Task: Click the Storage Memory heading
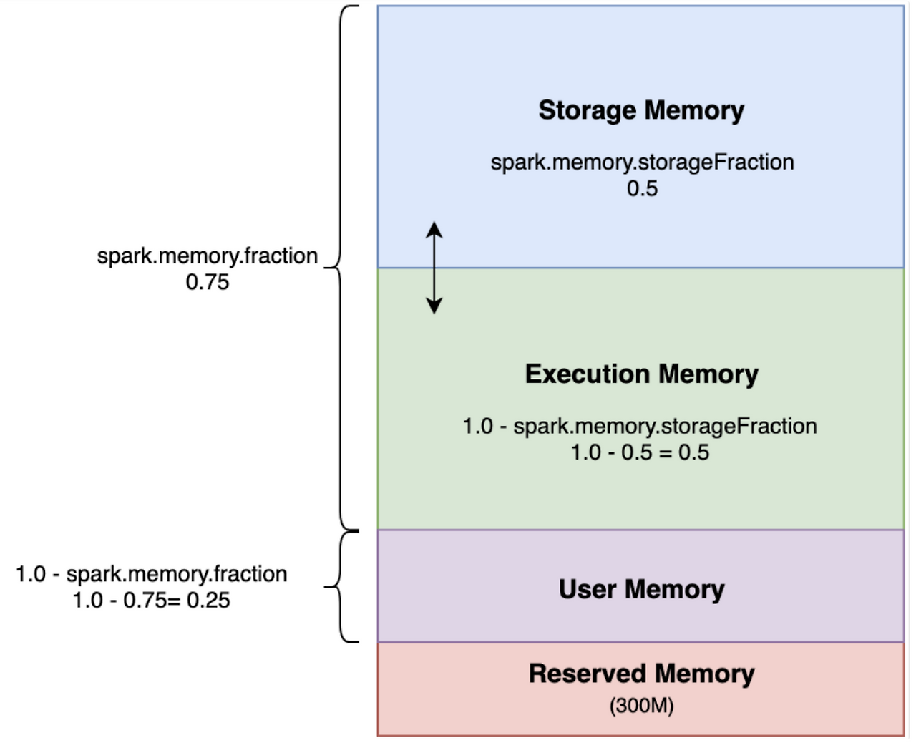641,110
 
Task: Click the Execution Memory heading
641,374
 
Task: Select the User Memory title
641,589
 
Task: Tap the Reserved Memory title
641,674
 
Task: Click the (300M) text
641,706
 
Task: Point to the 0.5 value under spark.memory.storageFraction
642,188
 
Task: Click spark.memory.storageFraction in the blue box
642,162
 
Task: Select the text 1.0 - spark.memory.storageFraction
640,426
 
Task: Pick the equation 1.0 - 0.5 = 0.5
640,452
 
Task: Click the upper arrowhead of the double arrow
434,229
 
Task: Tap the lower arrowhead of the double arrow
434,307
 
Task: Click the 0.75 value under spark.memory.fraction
208,282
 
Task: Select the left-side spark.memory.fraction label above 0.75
208,256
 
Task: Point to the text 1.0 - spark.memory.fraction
152,574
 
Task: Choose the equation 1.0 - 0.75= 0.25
152,600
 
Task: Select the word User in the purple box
588,589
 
